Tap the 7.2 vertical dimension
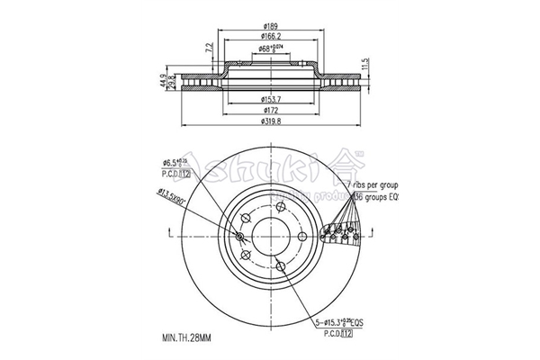[210, 47]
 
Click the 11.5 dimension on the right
[364, 66]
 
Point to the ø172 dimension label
[270, 110]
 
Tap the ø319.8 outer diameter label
[270, 122]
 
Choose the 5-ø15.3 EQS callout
[341, 322]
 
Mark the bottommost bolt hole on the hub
[280, 265]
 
